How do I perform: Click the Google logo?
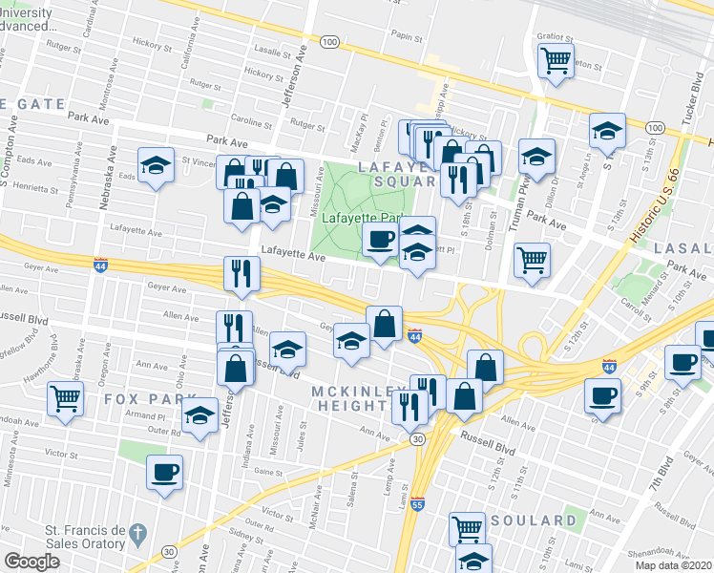(31, 562)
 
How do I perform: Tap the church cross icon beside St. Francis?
(136, 530)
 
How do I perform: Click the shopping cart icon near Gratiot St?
(555, 60)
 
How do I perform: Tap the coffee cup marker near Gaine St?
(164, 472)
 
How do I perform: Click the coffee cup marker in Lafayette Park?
(380, 239)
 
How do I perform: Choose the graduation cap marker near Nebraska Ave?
(156, 164)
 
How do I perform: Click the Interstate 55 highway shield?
(417, 502)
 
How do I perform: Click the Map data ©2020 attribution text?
(674, 565)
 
